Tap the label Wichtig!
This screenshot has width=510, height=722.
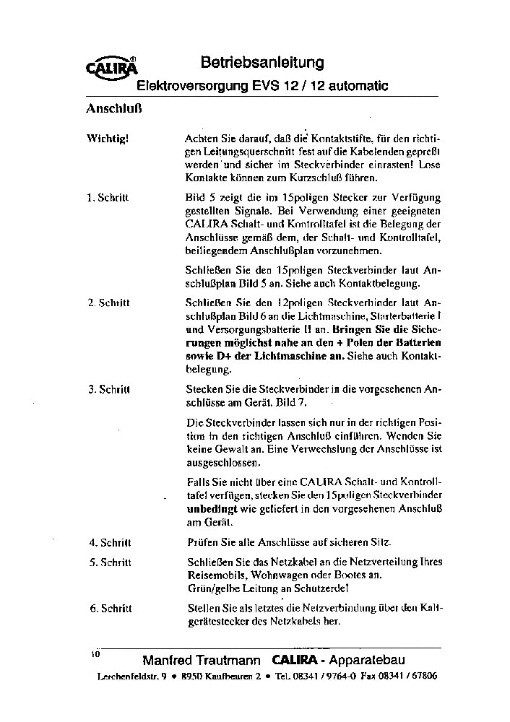pyautogui.click(x=108, y=138)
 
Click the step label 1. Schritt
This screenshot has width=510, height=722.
pyautogui.click(x=108, y=198)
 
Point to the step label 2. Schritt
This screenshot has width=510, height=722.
pyautogui.click(x=108, y=303)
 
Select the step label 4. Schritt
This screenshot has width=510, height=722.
pyautogui.click(x=108, y=542)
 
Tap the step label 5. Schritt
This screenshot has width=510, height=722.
pyautogui.click(x=108, y=562)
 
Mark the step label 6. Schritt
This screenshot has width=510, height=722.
pyautogui.click(x=108, y=609)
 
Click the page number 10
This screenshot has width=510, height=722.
pyautogui.click(x=95, y=653)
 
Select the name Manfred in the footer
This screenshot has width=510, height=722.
pyautogui.click(x=168, y=661)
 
